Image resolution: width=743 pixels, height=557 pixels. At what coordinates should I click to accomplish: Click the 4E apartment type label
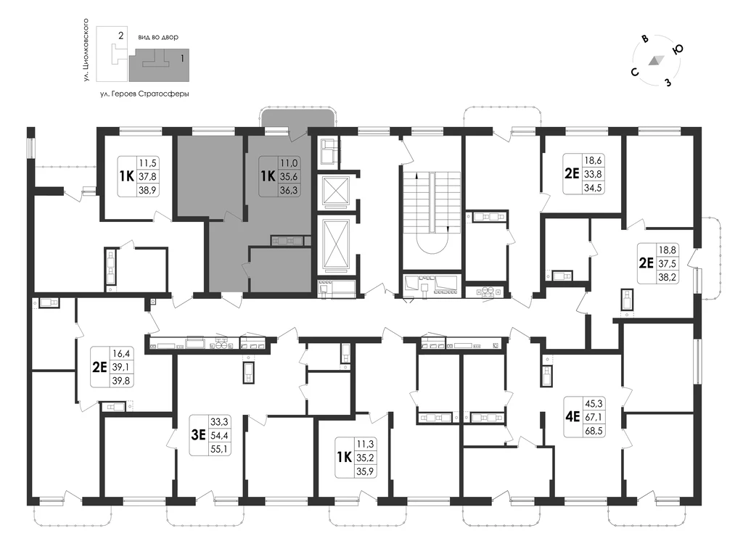pos(572,417)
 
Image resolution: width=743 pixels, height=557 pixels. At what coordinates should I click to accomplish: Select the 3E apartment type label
pos(198,434)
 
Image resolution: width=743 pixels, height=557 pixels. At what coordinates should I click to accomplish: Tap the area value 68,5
pos(594,431)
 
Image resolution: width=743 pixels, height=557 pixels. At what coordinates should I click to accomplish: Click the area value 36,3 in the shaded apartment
pos(289,190)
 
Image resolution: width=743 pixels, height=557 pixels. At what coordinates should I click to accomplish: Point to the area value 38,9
pos(147,190)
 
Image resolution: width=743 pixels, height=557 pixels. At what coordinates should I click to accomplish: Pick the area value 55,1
pos(219,448)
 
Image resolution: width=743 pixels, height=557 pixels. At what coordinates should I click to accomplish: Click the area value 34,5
pos(592,187)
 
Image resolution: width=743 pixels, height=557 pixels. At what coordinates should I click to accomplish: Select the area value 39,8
pos(121,380)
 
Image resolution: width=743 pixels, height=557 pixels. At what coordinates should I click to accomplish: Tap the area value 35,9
pos(365,471)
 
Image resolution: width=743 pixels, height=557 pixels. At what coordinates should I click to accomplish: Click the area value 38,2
pos(667,278)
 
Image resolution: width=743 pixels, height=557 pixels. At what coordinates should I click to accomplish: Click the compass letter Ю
pos(678,49)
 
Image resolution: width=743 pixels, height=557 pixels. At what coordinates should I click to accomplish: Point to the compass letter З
pos(668,83)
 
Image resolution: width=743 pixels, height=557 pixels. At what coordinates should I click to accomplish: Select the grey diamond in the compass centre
pos(656,60)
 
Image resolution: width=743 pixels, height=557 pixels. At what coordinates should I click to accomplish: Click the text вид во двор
pos(158,37)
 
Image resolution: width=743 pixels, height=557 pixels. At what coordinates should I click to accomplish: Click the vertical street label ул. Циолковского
pos(86,49)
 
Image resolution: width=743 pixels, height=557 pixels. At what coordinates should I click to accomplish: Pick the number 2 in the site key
pos(121,35)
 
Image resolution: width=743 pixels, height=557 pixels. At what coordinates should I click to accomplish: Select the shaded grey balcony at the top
pos(298,121)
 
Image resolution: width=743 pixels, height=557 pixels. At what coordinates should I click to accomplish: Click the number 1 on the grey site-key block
pos(182,59)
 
